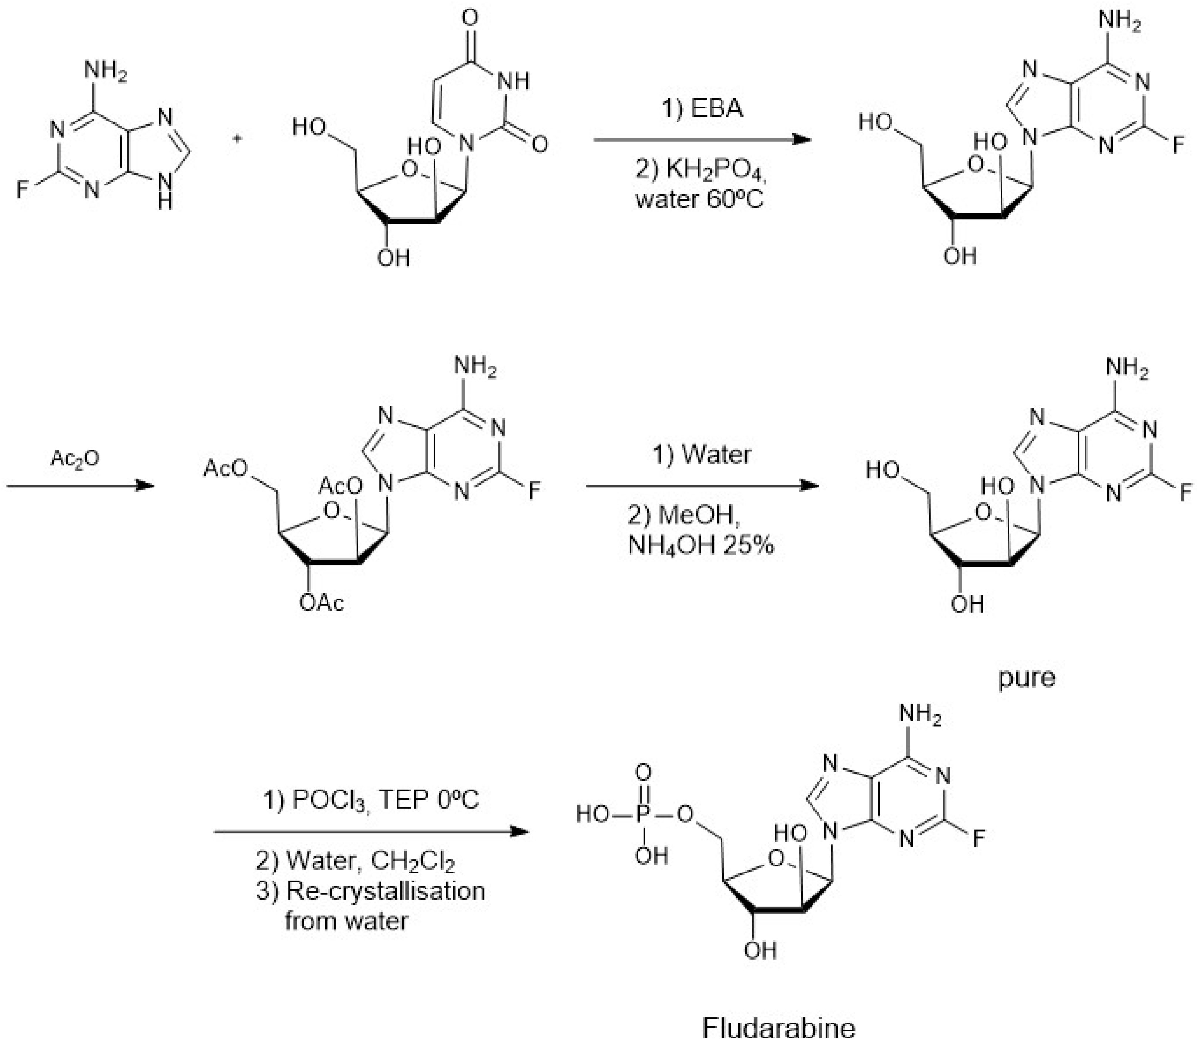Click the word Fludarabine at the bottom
778,1027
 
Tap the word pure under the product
1026,678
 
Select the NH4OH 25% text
701,545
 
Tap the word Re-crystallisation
385,891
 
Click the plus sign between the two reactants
237,139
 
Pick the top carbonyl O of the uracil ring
470,17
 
